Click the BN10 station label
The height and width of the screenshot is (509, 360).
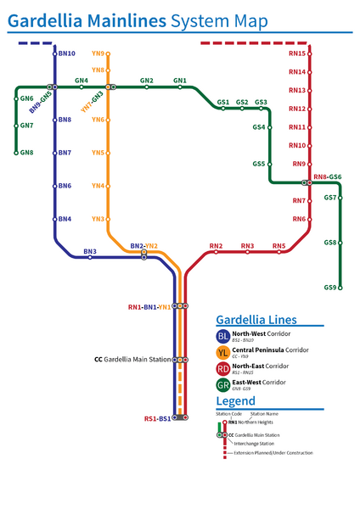[67, 53]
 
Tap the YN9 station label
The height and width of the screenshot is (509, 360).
[98, 53]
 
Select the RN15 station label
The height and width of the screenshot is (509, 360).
[297, 53]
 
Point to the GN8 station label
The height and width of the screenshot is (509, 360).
[26, 153]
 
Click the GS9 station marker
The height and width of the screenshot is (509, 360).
[340, 288]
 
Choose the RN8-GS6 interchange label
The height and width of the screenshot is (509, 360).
[327, 177]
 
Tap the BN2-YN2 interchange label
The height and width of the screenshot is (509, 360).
[143, 246]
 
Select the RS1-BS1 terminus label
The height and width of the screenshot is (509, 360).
[157, 418]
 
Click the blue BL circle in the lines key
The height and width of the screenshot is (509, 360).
[222, 338]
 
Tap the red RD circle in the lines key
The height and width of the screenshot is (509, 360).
[222, 369]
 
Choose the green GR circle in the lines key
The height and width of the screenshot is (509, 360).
[222, 385]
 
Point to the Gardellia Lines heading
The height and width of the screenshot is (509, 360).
[256, 320]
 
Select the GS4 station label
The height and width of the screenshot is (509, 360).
[259, 127]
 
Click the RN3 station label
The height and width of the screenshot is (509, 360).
[247, 246]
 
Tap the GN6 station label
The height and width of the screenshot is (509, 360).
[26, 98]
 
